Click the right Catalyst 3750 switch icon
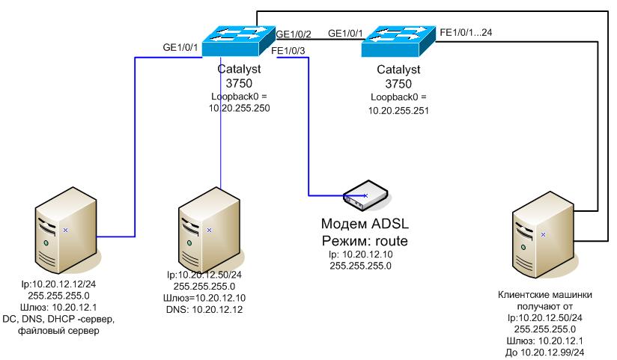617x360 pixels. pyautogui.click(x=398, y=44)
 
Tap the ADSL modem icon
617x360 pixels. pyautogui.click(x=365, y=195)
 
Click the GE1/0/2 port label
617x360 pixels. pyautogui.click(x=294, y=34)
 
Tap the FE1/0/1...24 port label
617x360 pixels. pyautogui.click(x=466, y=33)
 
